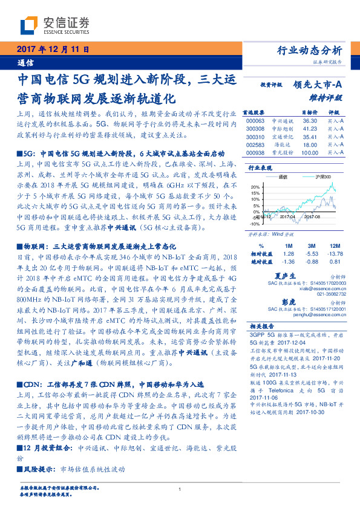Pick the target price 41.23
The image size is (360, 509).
pyautogui.click(x=310, y=129)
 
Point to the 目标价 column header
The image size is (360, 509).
pyautogui.click(x=310, y=112)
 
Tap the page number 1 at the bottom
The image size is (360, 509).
pyautogui.click(x=180, y=489)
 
